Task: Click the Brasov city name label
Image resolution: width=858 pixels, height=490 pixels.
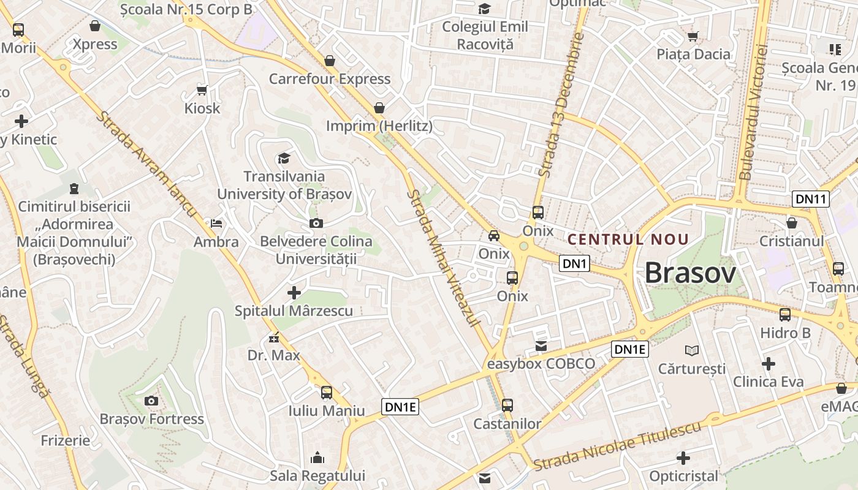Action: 690,273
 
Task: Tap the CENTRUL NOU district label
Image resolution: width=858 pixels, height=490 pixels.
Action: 628,239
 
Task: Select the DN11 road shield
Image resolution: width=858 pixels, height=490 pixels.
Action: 810,198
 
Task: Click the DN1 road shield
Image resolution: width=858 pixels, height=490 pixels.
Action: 575,264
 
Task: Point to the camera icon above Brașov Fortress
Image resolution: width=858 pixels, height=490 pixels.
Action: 151,401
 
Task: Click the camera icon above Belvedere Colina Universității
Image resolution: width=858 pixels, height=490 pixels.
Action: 316,223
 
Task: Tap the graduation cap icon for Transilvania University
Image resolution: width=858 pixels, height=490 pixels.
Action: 284,159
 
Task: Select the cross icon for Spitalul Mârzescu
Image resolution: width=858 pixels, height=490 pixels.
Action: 294,293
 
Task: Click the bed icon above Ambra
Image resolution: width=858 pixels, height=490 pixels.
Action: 216,224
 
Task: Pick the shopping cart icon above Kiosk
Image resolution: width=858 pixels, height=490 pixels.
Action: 202,90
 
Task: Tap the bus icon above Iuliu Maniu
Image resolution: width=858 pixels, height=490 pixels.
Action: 327,393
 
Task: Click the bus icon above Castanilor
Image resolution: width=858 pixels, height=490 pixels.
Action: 507,405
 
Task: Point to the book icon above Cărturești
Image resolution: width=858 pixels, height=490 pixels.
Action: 692,350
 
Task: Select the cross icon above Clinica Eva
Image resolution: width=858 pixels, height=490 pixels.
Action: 769,364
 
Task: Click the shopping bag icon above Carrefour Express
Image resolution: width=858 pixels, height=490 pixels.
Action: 330,61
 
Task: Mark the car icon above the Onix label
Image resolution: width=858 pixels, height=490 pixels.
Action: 494,236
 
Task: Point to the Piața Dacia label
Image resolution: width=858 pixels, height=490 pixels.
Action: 694,54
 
